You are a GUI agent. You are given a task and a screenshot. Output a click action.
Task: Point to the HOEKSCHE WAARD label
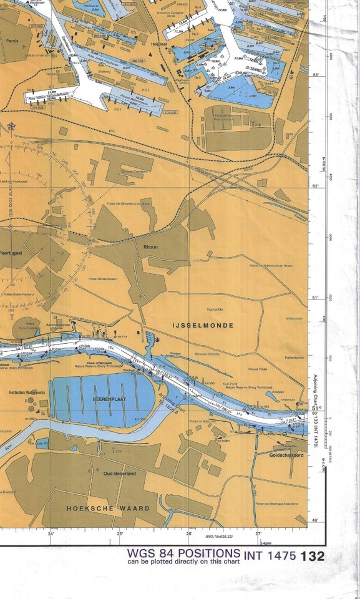click(x=109, y=509)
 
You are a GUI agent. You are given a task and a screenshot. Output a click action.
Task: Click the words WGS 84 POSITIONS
click(x=183, y=553)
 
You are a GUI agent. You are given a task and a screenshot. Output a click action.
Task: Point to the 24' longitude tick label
click(x=51, y=534)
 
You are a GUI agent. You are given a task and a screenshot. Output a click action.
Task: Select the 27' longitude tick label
click(x=258, y=534)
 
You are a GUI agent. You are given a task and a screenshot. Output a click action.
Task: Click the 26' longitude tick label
click(x=188, y=534)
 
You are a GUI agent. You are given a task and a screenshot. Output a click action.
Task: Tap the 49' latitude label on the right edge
click(x=315, y=519)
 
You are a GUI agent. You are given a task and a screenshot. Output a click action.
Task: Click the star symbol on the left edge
click(x=11, y=126)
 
